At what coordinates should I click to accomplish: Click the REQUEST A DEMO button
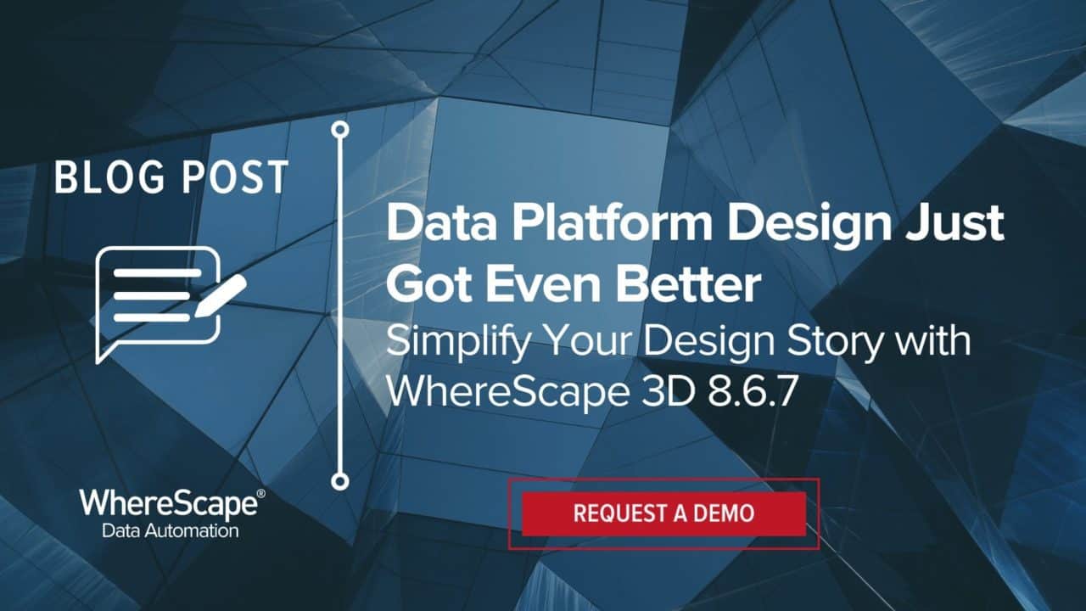click(x=663, y=513)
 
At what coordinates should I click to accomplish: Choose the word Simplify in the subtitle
click(x=455, y=342)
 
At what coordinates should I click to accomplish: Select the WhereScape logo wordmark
click(x=167, y=504)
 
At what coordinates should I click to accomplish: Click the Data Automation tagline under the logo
click(x=170, y=531)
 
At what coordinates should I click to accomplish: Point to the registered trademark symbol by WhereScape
click(x=260, y=492)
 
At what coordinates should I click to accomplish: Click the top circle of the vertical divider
click(x=340, y=129)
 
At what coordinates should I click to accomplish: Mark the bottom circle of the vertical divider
click(x=340, y=481)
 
